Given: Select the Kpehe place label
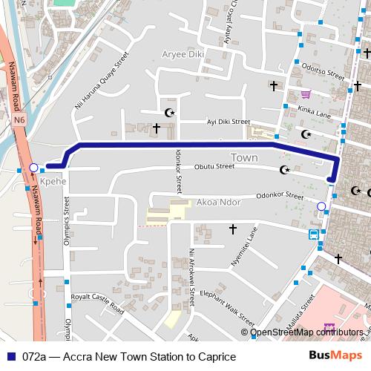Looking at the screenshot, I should [53, 180].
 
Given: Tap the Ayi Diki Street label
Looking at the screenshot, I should [229, 121].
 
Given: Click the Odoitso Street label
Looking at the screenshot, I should [324, 76].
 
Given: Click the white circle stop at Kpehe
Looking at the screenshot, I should [33, 168].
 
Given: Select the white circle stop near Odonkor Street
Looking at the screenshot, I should [321, 206].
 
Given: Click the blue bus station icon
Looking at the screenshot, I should [315, 234].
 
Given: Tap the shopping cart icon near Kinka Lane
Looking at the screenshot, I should [305, 94].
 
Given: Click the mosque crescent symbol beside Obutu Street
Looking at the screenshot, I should [284, 170].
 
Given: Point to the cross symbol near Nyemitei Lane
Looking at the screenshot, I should [232, 229].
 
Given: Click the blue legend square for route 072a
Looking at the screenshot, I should [10, 357].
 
